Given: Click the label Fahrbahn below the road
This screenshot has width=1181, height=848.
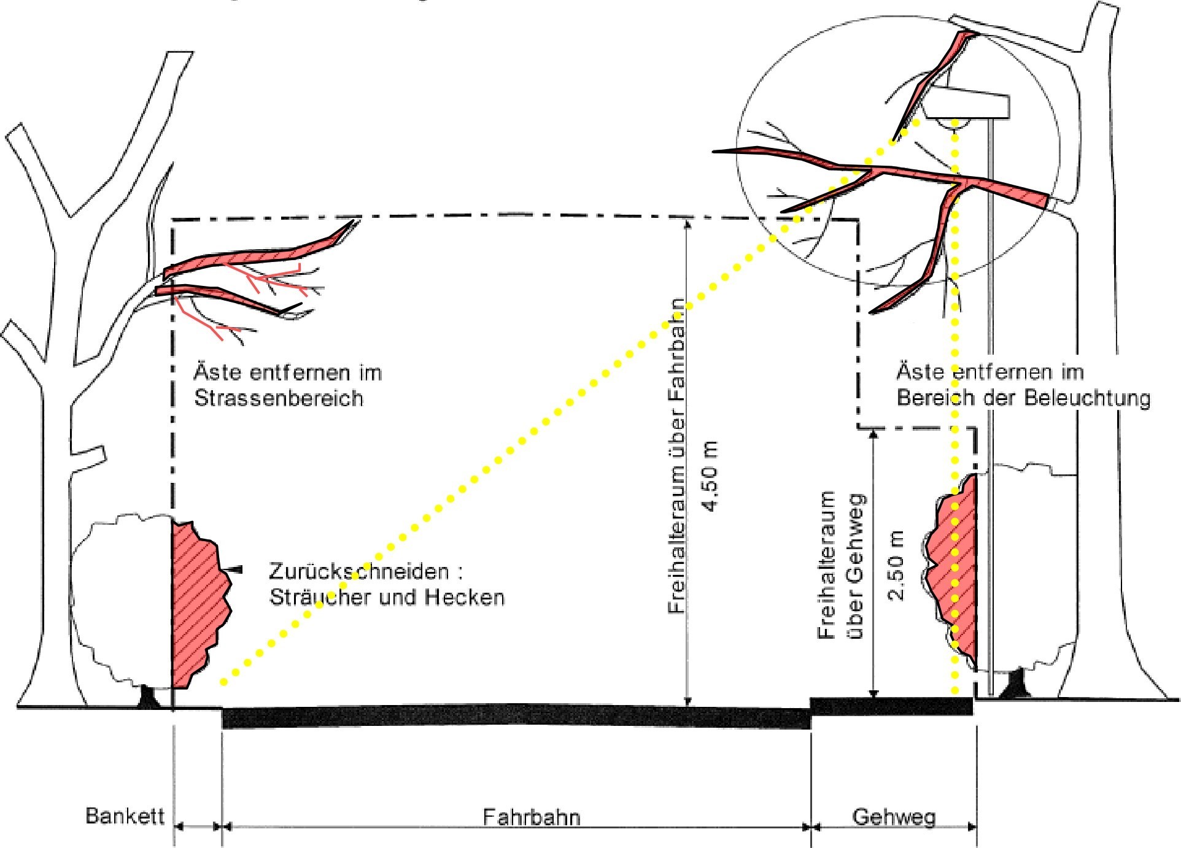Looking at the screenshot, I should pyautogui.click(x=531, y=817).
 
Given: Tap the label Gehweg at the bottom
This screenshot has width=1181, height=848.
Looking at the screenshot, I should pyautogui.click(x=894, y=817).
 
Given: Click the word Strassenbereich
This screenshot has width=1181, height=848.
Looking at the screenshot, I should pyautogui.click(x=279, y=398).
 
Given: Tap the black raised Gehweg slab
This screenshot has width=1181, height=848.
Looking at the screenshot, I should pyautogui.click(x=891, y=706).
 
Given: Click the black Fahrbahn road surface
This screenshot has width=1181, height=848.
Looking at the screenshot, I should pyautogui.click(x=516, y=717).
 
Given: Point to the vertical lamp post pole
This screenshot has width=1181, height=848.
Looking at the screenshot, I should pyautogui.click(x=990, y=430).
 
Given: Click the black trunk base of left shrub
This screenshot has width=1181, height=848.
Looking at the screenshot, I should pyautogui.click(x=148, y=698).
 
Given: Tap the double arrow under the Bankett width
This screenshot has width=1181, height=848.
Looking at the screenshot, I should pyautogui.click(x=198, y=827).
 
